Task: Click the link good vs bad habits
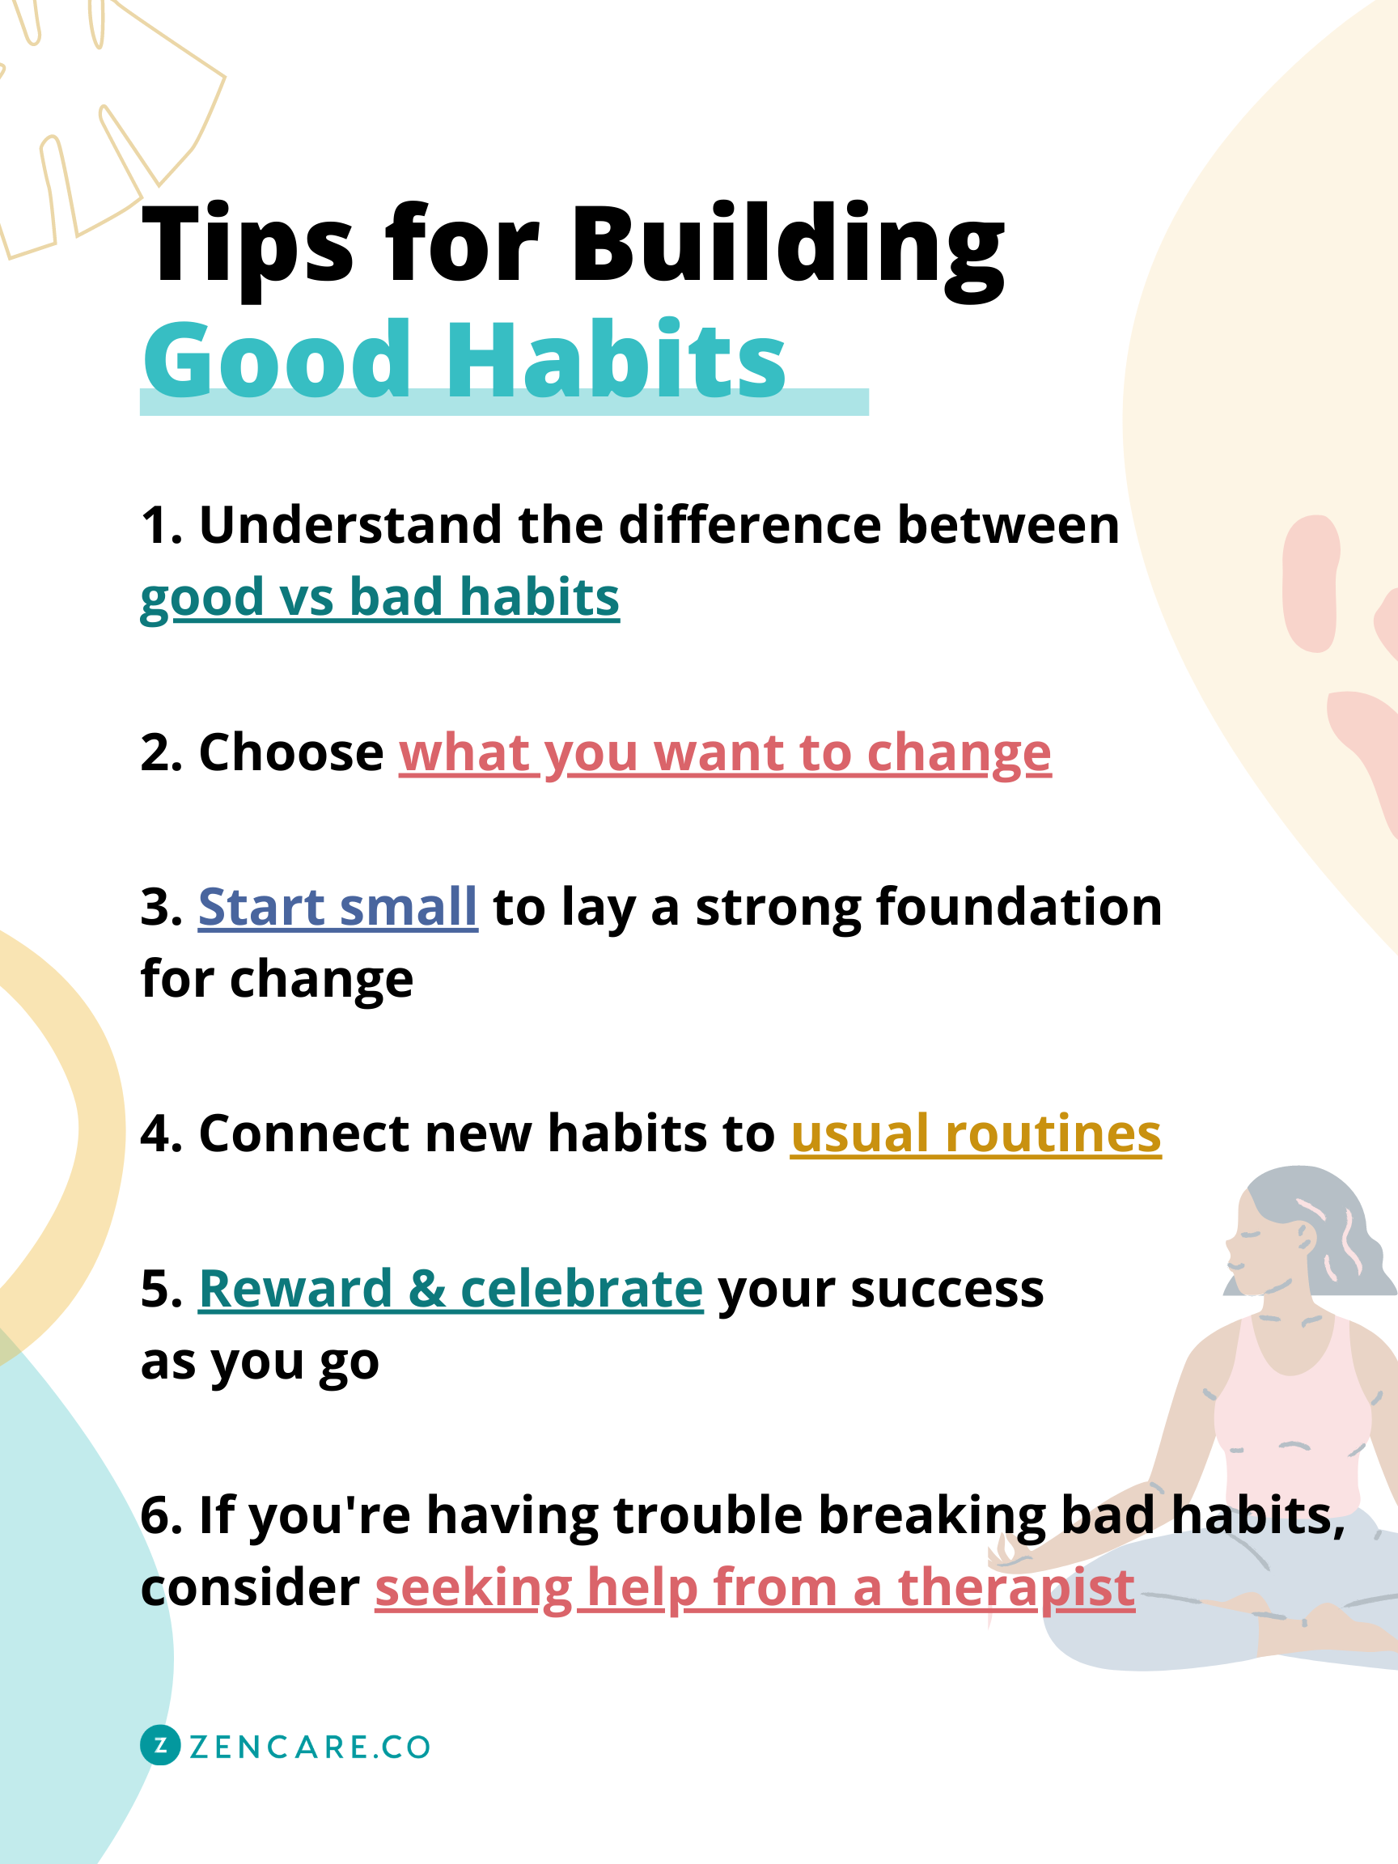pos(379,599)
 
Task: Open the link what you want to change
pos(725,752)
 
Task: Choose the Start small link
pos(337,908)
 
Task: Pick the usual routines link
pos(976,1134)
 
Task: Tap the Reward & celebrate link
pos(451,1290)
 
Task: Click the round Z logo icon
pos(160,1746)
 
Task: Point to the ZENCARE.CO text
pos(310,1747)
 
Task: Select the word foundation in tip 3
pos(1019,908)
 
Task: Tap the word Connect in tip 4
pos(303,1134)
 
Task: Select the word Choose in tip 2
pos(290,752)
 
